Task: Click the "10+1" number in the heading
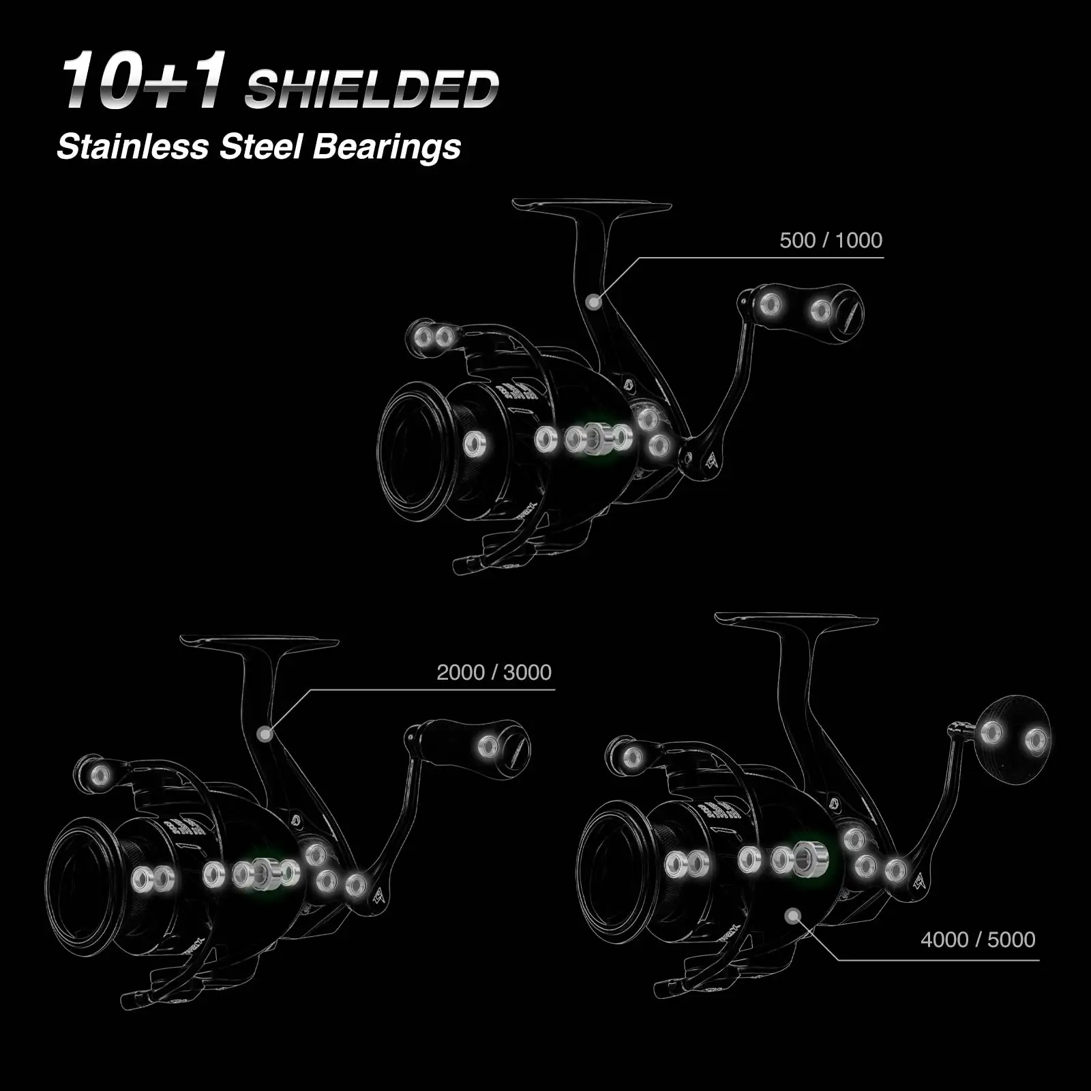click(x=144, y=80)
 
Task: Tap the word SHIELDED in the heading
click(x=372, y=89)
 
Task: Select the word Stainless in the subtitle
click(x=133, y=147)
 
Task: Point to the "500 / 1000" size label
click(x=831, y=240)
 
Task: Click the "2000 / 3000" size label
click(x=494, y=672)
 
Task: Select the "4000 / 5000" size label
click(x=978, y=940)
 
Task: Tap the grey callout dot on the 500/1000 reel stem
click(x=594, y=301)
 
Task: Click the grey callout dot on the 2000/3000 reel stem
click(x=266, y=734)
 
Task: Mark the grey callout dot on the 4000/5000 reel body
click(x=792, y=916)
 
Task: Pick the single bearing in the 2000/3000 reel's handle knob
click(x=488, y=747)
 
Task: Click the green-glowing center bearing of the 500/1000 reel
click(x=597, y=438)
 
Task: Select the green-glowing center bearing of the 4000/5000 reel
click(x=811, y=859)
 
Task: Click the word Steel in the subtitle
click(x=260, y=147)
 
